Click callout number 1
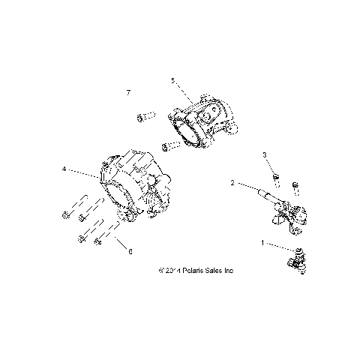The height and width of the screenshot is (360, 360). coord(262,243)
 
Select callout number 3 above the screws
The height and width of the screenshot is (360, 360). coord(265,154)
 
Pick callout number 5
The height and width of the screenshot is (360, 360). coord(172,80)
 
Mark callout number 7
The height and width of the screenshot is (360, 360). coord(128,92)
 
